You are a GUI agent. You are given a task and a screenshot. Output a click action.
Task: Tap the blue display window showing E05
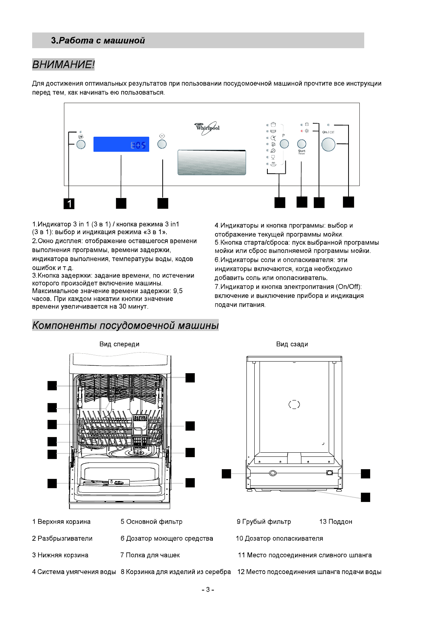pos(121,144)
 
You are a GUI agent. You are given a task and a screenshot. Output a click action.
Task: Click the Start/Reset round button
pos(301,144)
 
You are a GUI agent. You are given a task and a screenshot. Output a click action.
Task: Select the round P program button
pos(284,144)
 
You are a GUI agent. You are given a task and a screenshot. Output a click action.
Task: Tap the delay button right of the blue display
pos(162,144)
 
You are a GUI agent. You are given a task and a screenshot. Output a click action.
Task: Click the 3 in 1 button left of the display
pos(81,145)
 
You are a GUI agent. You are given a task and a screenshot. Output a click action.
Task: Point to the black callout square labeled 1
pos(69,204)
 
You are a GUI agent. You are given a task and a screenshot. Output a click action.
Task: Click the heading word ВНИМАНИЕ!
pos(63,65)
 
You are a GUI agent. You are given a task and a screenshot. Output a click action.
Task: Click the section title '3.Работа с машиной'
pos(98,40)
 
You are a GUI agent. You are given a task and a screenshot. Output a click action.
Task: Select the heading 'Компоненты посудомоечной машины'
pos(125,325)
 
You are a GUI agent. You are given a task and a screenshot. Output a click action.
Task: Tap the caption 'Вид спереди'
pos(119,344)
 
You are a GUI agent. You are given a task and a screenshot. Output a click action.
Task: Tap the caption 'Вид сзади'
pos(292,344)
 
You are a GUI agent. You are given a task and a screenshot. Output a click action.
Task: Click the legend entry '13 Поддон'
pos(335,521)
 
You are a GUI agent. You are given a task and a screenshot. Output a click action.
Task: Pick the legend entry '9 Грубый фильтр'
pos(264,521)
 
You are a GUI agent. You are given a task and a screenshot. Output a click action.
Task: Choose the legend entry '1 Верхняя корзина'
pos(61,521)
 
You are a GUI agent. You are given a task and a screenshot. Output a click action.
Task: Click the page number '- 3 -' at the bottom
pos(208,590)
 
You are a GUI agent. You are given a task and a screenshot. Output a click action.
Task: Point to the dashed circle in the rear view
pos(294,404)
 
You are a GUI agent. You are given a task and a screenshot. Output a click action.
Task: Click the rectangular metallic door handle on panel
pos(212,162)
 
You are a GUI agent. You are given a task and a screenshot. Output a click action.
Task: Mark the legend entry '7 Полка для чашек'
pos(150,555)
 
